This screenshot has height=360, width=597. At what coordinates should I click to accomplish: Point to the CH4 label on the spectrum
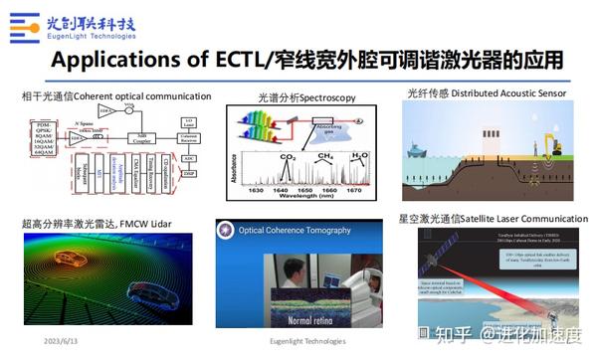323,156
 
